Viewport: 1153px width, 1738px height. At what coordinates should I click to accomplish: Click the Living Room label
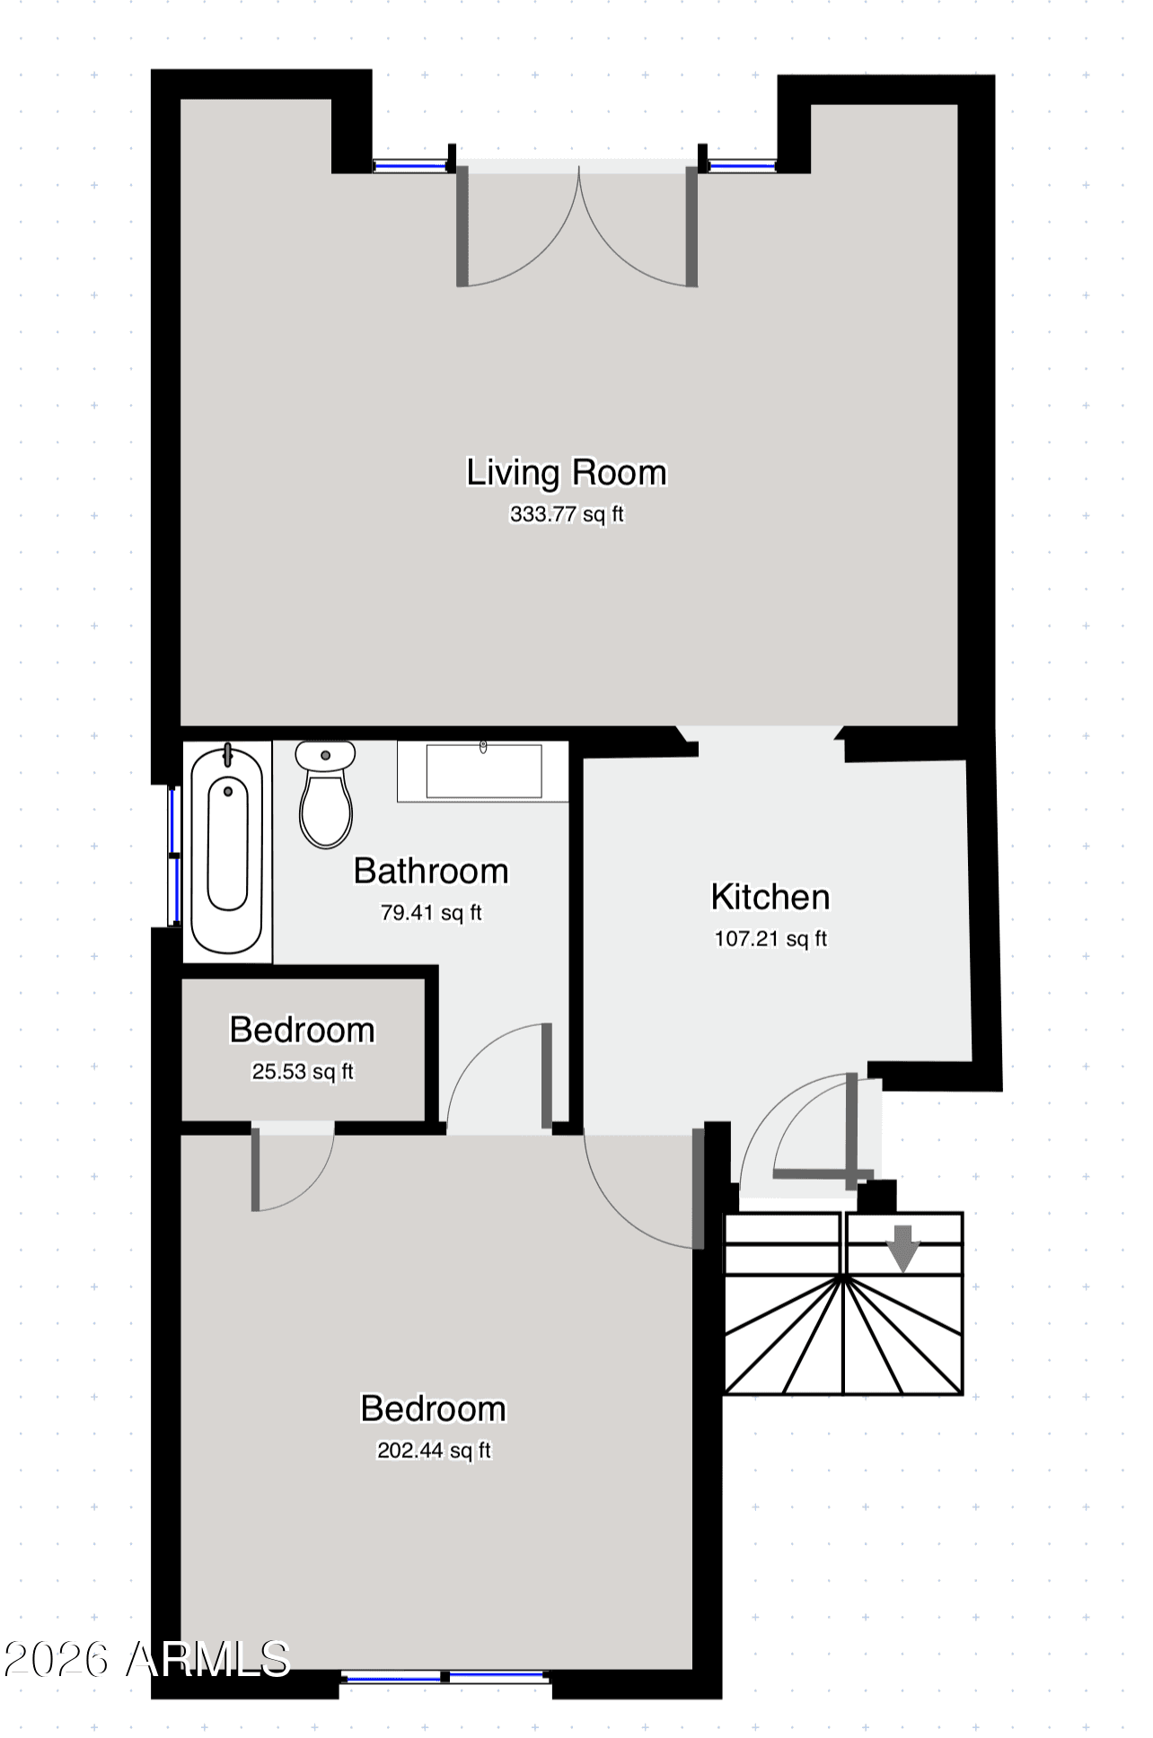pyautogui.click(x=567, y=473)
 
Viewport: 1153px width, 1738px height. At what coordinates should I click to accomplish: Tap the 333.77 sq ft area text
pyautogui.click(x=567, y=514)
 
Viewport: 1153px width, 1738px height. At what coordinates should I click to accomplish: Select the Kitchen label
pyautogui.click(x=770, y=897)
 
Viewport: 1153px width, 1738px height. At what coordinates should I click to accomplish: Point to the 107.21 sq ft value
pyautogui.click(x=770, y=939)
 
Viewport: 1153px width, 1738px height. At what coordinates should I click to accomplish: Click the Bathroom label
pyautogui.click(x=431, y=871)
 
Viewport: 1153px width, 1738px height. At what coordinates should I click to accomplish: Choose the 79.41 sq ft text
pyautogui.click(x=431, y=913)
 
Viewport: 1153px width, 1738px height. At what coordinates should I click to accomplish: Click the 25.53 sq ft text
pyautogui.click(x=303, y=1072)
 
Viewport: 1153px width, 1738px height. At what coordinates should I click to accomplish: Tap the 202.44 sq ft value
pyautogui.click(x=434, y=1451)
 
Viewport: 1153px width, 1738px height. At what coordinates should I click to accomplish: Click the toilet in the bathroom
pyautogui.click(x=325, y=794)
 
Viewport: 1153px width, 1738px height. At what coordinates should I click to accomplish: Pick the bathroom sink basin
pyautogui.click(x=483, y=770)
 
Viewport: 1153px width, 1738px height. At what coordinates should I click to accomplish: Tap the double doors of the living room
pyautogui.click(x=578, y=224)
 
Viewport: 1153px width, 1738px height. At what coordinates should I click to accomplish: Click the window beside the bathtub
pyautogui.click(x=175, y=856)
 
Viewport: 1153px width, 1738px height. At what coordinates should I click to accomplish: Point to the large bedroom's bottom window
pyautogui.click(x=445, y=1675)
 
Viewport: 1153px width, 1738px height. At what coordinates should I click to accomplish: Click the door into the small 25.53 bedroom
pyautogui.click(x=293, y=1166)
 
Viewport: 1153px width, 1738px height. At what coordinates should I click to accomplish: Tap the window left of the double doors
pyautogui.click(x=410, y=164)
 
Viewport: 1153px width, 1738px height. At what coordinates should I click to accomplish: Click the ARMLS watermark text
pyautogui.click(x=208, y=1660)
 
